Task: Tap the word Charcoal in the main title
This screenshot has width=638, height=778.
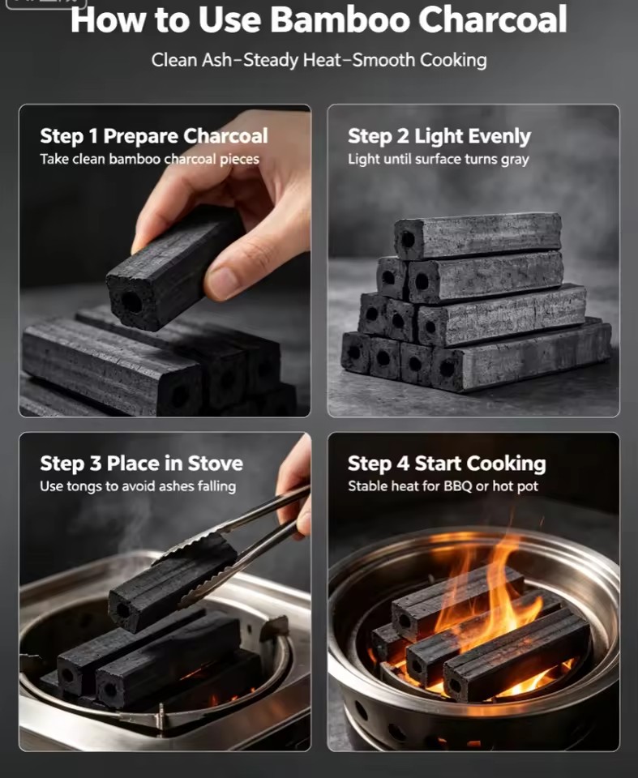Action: (x=493, y=19)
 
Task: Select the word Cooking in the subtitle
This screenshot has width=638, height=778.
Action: (x=453, y=61)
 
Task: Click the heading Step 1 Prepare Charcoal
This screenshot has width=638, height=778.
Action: (x=154, y=136)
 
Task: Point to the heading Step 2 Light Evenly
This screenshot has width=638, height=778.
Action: (x=439, y=137)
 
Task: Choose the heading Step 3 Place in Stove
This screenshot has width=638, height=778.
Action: (x=142, y=464)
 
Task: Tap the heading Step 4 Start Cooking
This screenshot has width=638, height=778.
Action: (x=447, y=464)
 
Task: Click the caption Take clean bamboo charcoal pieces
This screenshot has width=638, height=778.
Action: (x=149, y=160)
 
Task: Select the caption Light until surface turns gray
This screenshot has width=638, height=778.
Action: (x=439, y=160)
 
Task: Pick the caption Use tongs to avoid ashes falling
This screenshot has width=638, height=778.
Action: (x=138, y=486)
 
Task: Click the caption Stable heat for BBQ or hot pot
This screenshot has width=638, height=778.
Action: (x=443, y=486)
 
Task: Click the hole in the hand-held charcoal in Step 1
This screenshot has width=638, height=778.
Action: (x=132, y=301)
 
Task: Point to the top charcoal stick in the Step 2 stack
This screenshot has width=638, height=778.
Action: (x=477, y=236)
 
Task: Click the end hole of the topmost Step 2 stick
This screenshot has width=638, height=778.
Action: (x=408, y=240)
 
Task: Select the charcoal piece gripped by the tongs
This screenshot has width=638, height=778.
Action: (x=171, y=583)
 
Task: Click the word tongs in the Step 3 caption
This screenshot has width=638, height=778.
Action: (x=84, y=487)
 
